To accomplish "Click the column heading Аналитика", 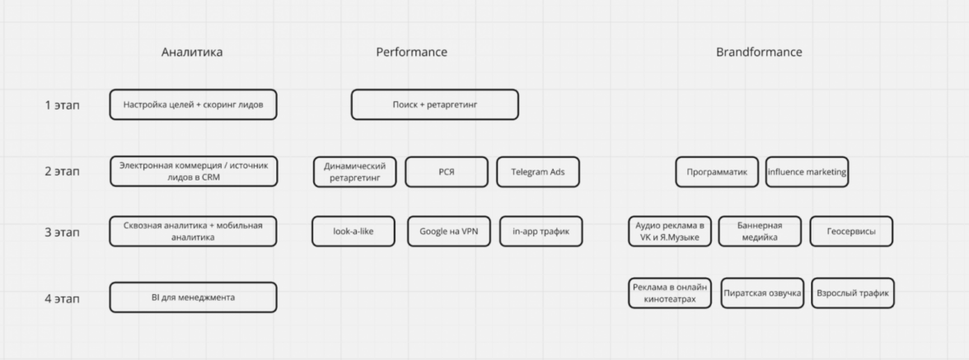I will click(x=192, y=53).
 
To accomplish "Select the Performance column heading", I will click(x=411, y=53).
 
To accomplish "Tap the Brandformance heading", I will click(x=759, y=53).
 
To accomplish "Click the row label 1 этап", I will click(x=62, y=105).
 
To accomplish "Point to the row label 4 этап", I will click(x=62, y=298).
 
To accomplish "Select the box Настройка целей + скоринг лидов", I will click(x=193, y=105).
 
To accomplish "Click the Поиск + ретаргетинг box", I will click(x=435, y=105).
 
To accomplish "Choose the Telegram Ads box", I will click(x=539, y=172).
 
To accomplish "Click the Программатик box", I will click(x=717, y=172).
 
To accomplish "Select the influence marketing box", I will click(x=807, y=172).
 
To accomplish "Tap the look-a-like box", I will click(x=353, y=231).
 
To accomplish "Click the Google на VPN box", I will click(x=448, y=231).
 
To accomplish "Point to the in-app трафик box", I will click(x=541, y=231).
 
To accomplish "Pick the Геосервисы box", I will click(x=851, y=231).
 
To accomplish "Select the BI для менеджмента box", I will click(x=193, y=297).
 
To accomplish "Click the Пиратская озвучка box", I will click(x=762, y=293).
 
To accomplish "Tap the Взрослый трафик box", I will click(x=853, y=293).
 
